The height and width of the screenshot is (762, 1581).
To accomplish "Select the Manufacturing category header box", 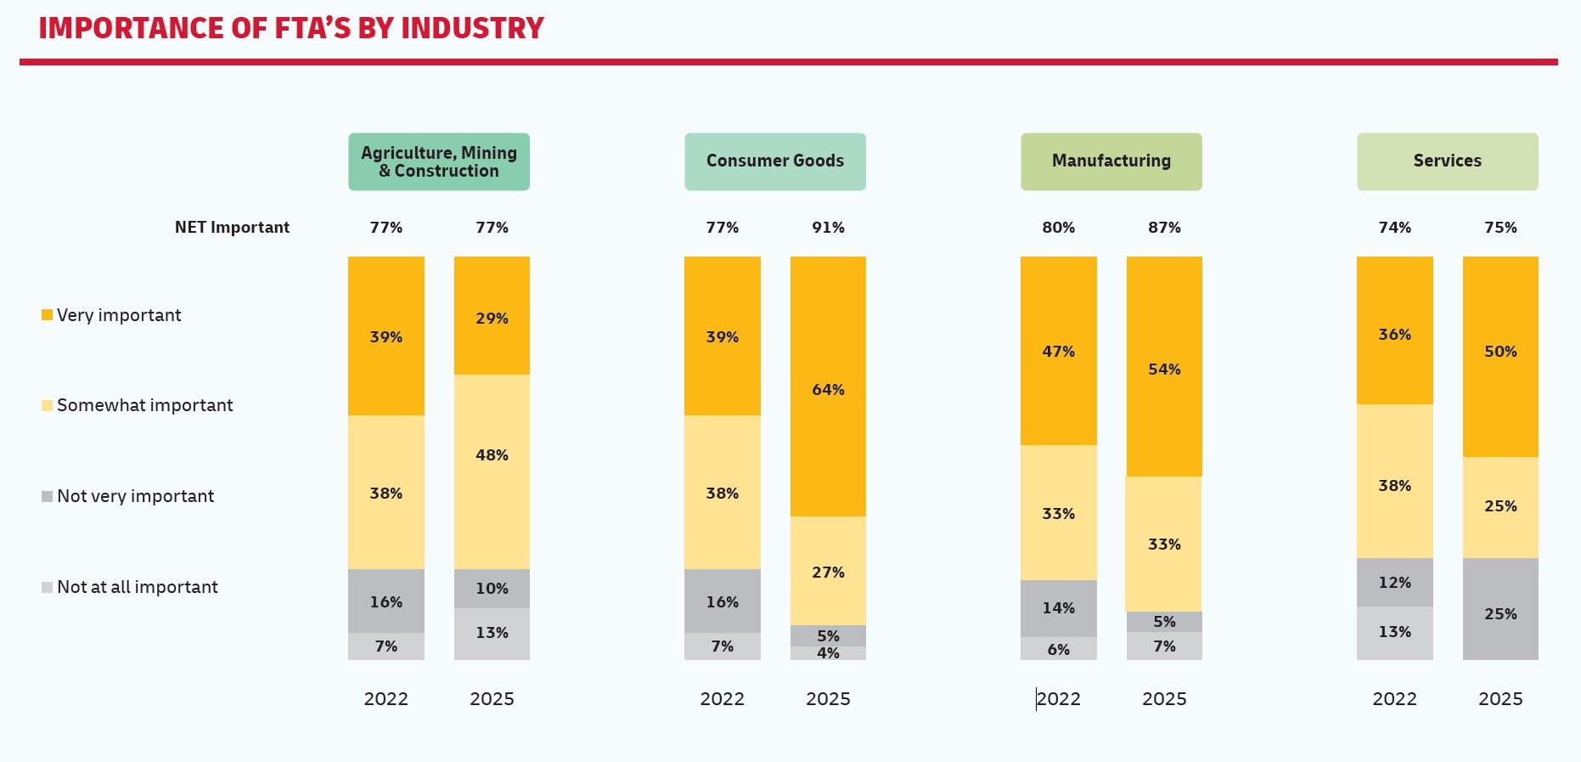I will (1111, 161).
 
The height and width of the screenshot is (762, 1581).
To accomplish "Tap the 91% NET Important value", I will (828, 228).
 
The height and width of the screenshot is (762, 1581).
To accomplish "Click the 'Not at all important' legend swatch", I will (47, 587).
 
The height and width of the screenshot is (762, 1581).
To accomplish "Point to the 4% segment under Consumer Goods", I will (828, 653).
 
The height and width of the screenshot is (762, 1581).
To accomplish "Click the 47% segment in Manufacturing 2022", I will (1058, 350).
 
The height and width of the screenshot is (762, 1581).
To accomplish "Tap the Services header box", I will (1447, 161).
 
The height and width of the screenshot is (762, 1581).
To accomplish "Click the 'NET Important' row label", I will (232, 228).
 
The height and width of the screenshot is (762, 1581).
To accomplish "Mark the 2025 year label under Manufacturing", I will (1164, 698).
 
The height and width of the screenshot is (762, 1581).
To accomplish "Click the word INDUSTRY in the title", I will (472, 28).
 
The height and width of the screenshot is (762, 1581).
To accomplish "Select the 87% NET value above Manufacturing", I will (1164, 228).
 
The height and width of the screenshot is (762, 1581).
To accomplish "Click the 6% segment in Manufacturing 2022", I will (1058, 649).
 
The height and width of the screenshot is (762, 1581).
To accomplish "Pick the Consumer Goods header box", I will (774, 161).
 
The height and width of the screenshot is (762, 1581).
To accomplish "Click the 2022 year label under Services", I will (1394, 698).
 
